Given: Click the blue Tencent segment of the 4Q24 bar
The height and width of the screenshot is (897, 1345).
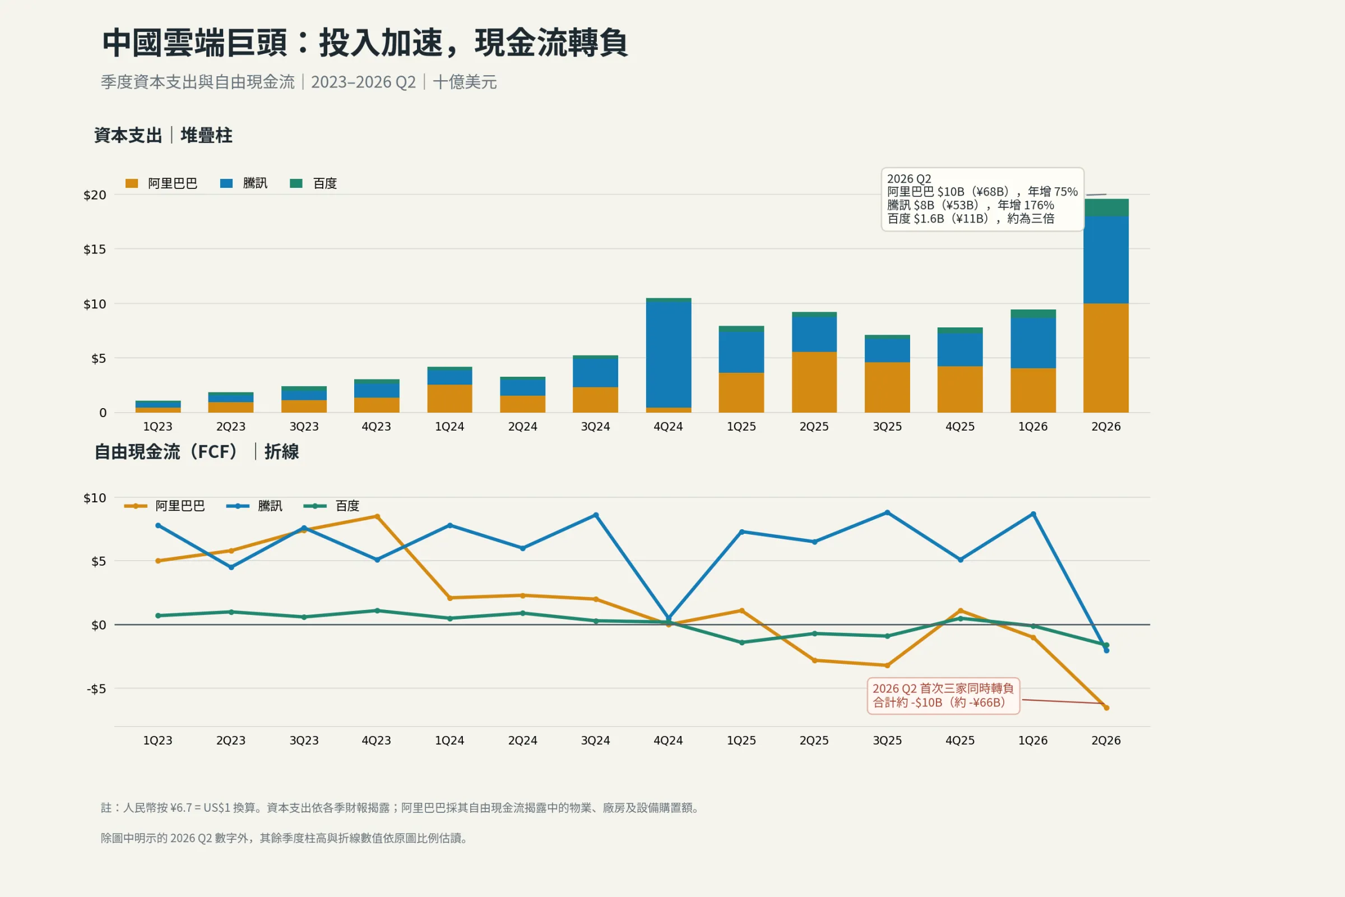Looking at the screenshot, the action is [x=669, y=355].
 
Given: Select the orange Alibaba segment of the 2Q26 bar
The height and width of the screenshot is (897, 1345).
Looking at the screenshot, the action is [x=1106, y=358].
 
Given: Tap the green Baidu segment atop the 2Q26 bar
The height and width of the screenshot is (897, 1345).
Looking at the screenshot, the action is [x=1106, y=207].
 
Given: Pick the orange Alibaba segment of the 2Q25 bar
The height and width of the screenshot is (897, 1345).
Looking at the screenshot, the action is [x=814, y=382].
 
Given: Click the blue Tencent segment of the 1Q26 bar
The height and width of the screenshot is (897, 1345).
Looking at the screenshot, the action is [x=1033, y=343].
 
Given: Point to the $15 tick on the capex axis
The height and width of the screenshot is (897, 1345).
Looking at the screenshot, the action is [x=95, y=249].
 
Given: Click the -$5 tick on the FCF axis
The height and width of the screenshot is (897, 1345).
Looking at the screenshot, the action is [x=96, y=689].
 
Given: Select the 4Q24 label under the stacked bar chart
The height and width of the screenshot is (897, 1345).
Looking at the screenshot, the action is [x=668, y=427].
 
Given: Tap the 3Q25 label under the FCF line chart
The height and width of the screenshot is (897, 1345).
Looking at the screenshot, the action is [x=887, y=741].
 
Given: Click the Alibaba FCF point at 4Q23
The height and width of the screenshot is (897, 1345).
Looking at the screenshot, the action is [x=377, y=516].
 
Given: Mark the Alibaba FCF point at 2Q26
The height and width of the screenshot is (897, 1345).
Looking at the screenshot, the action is [x=1106, y=708].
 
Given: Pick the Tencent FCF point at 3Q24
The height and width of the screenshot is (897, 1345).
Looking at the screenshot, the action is [x=596, y=515].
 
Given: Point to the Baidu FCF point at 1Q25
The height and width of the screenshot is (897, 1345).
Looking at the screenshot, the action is [x=741, y=643].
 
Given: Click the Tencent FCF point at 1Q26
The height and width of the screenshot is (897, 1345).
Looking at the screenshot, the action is [x=1033, y=514].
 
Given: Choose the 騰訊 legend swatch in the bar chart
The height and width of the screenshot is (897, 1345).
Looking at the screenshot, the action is [x=226, y=184].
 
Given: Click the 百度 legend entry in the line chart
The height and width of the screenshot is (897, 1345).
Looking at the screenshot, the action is [x=331, y=506].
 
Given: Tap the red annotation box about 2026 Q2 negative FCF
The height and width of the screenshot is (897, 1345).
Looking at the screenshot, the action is [x=944, y=696].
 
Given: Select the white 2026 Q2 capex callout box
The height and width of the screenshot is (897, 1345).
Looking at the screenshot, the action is [x=982, y=199].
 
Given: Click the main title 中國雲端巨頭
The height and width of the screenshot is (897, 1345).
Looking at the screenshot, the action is [x=194, y=43].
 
